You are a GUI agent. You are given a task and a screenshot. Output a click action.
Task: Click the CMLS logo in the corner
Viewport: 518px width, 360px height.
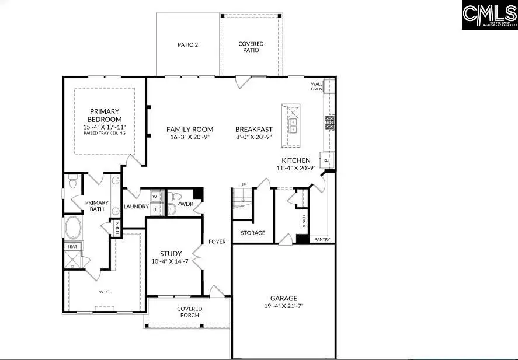click(x=489, y=15)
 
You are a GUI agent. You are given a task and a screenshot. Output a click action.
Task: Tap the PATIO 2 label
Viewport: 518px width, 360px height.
click(x=188, y=44)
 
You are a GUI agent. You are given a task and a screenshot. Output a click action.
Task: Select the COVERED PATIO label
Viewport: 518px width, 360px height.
click(x=251, y=47)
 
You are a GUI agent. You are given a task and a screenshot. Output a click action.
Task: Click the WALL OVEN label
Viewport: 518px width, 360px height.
click(x=317, y=86)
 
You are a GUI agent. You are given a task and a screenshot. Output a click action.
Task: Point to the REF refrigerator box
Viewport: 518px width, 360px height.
click(x=327, y=160)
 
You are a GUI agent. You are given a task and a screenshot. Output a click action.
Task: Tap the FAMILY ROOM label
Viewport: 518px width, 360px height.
click(x=190, y=130)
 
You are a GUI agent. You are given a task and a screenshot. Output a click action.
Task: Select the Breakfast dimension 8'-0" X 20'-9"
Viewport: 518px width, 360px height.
click(x=254, y=137)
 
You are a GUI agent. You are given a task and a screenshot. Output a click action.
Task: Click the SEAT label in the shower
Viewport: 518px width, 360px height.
click(x=72, y=247)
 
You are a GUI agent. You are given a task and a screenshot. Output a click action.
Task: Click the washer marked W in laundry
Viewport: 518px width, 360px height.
click(x=155, y=197)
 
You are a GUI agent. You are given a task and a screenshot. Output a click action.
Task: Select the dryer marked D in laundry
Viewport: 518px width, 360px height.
click(x=155, y=208)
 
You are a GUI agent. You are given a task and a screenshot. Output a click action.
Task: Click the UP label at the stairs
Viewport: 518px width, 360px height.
click(x=243, y=185)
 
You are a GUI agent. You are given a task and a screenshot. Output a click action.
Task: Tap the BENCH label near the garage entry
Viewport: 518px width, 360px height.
click(x=304, y=221)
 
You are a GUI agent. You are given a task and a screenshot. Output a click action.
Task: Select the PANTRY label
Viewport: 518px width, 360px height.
click(x=322, y=239)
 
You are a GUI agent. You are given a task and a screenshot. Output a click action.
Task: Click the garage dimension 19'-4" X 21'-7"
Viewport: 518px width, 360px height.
click(x=284, y=305)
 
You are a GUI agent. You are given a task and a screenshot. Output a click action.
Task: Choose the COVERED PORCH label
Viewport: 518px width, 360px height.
click(x=190, y=312)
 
